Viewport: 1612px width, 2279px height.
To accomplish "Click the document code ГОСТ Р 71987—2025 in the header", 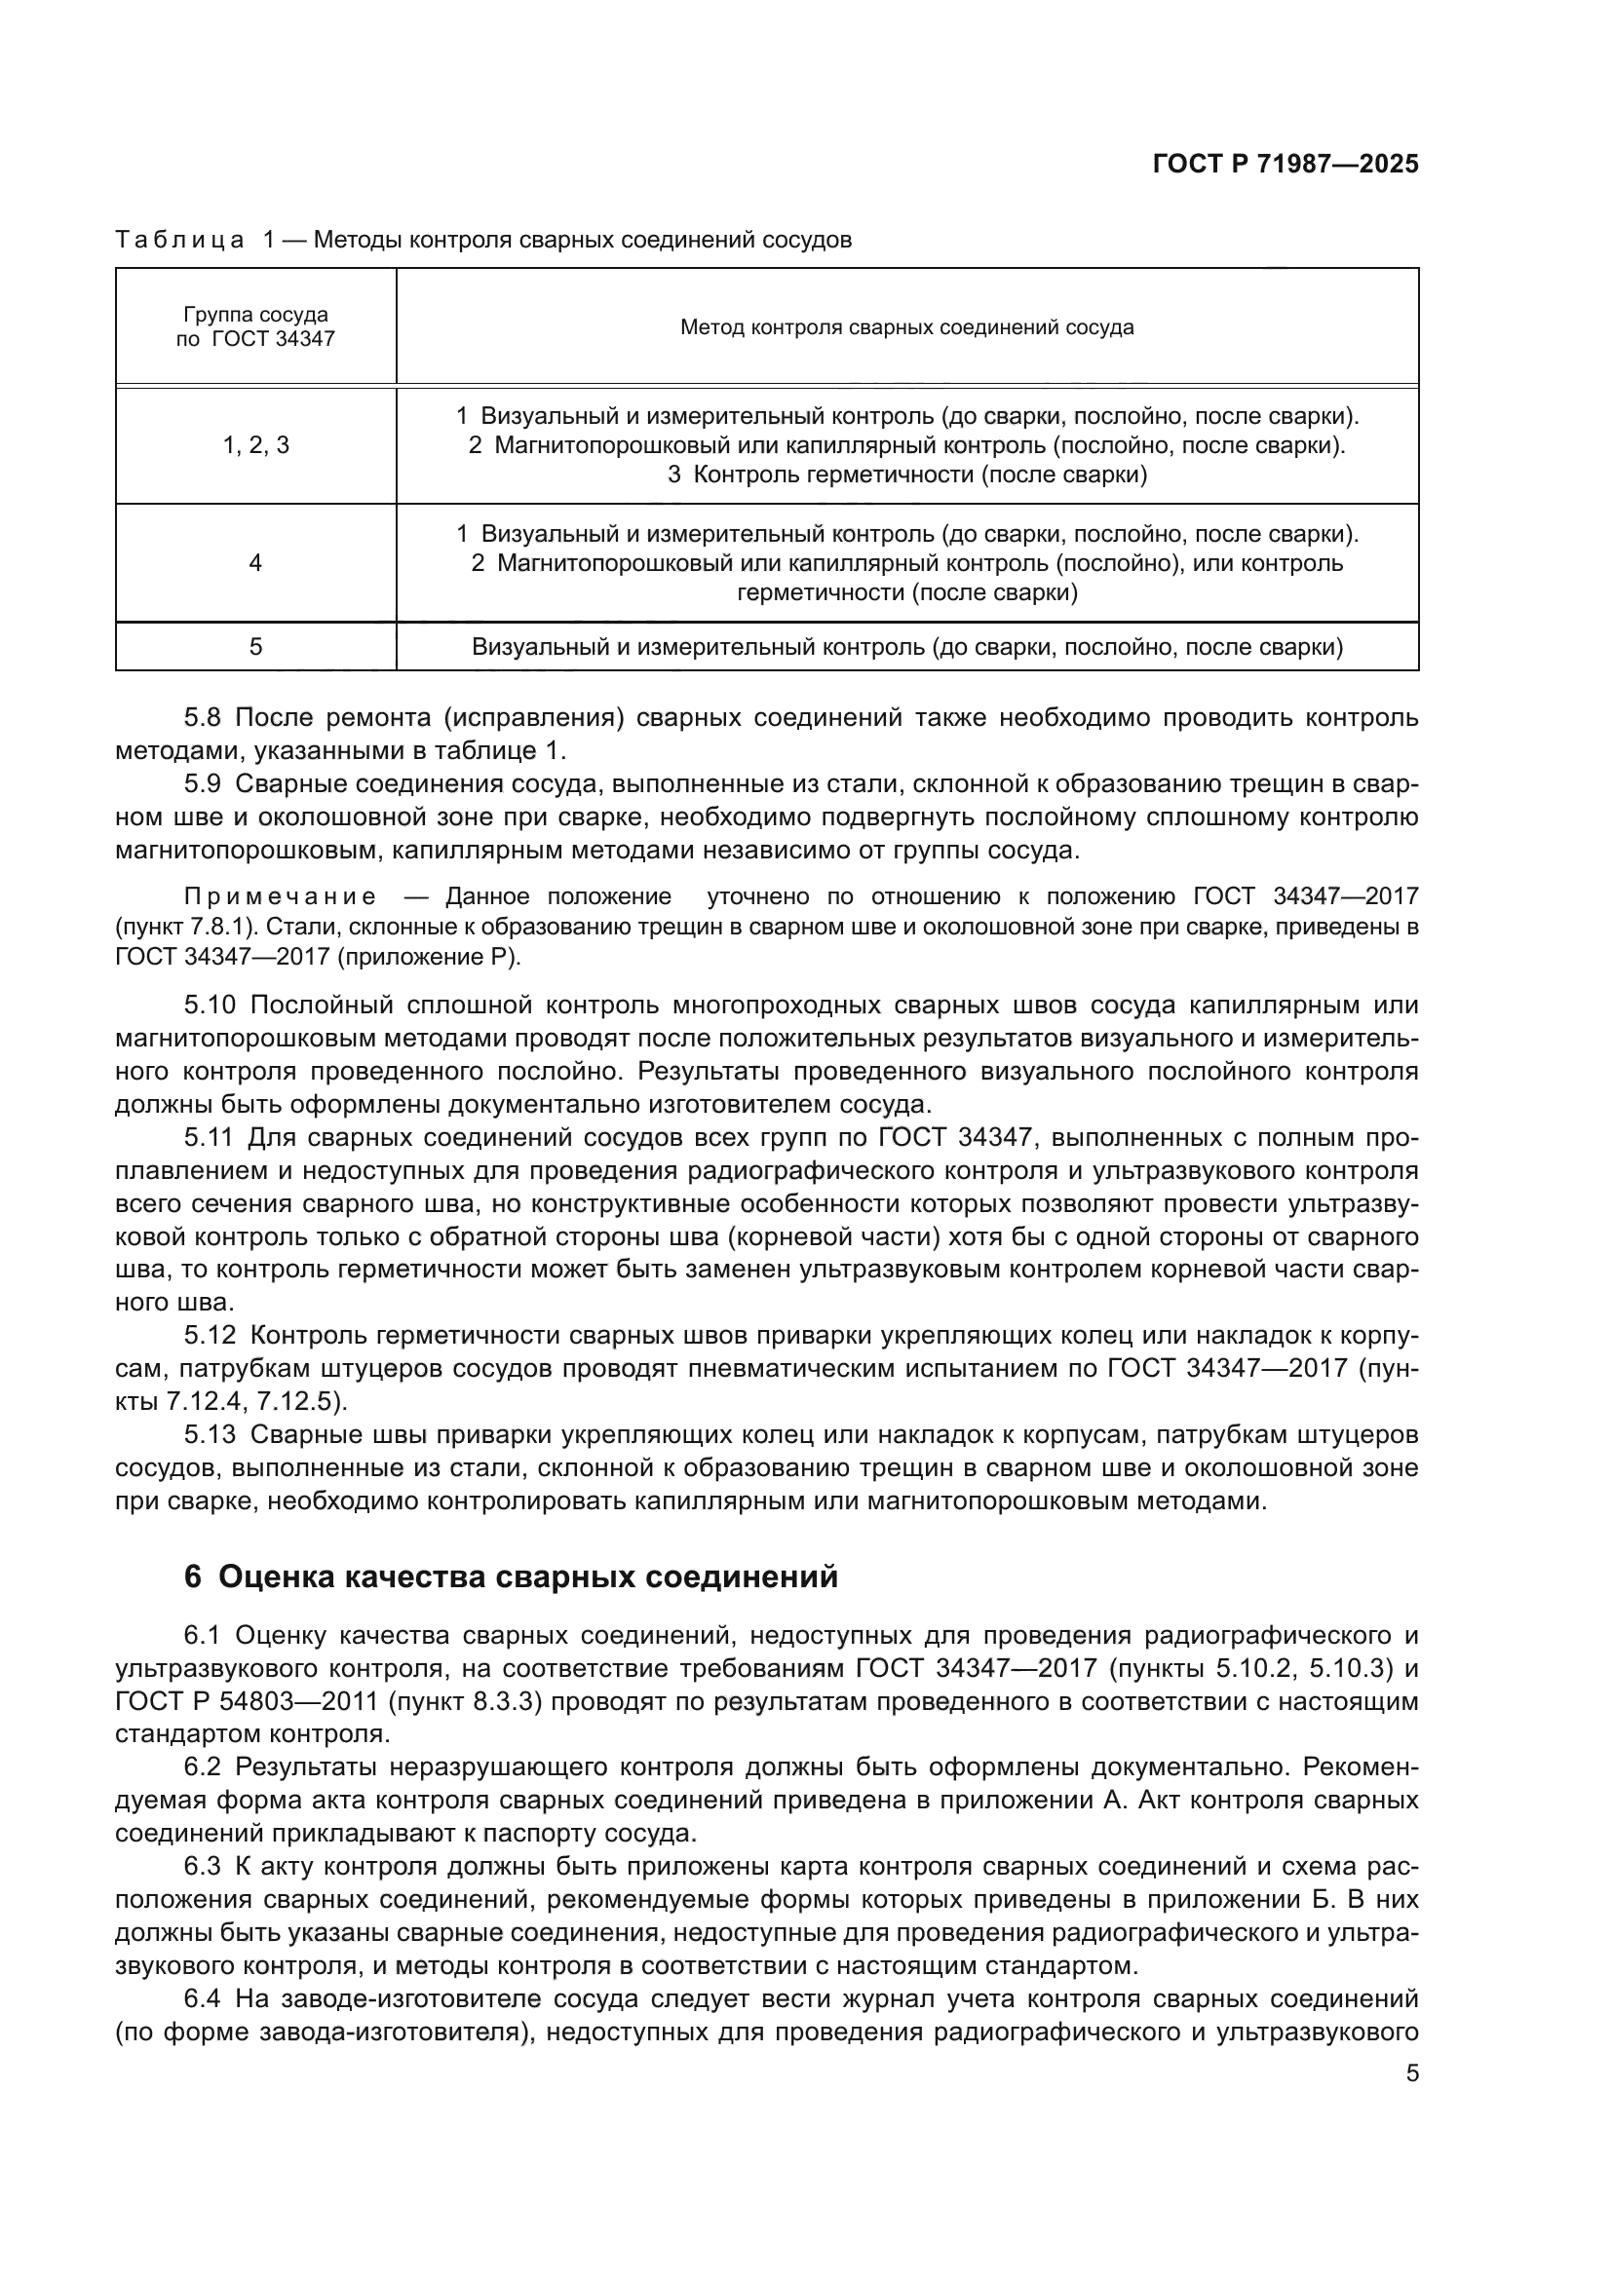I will (x=1286, y=165).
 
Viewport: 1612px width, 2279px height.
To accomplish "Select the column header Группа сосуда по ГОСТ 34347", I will (x=255, y=326).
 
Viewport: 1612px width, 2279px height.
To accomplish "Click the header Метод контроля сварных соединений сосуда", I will (x=906, y=327).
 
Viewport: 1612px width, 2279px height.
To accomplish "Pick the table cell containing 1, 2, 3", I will (x=255, y=445).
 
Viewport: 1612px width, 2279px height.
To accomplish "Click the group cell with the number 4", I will (x=255, y=563).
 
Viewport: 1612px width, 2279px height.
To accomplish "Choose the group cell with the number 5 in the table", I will (x=255, y=647).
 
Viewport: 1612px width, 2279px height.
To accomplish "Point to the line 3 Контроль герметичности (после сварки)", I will (x=906, y=475).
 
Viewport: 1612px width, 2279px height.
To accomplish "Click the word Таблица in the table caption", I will (x=179, y=241).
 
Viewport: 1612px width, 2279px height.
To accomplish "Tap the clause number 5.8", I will (x=205, y=718).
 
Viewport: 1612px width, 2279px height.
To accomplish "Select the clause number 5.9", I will (x=205, y=784).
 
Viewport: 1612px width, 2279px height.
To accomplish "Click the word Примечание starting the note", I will (x=280, y=897).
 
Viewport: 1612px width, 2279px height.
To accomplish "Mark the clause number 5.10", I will (x=211, y=1006).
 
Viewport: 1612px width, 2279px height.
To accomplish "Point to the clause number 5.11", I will (x=211, y=1137).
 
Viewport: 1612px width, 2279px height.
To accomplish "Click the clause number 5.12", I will (x=211, y=1336).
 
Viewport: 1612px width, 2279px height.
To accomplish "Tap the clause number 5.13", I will (x=211, y=1435).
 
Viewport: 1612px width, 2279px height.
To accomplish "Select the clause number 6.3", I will (x=205, y=1867).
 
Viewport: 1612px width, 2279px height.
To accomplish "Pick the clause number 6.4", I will (x=205, y=1999).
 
